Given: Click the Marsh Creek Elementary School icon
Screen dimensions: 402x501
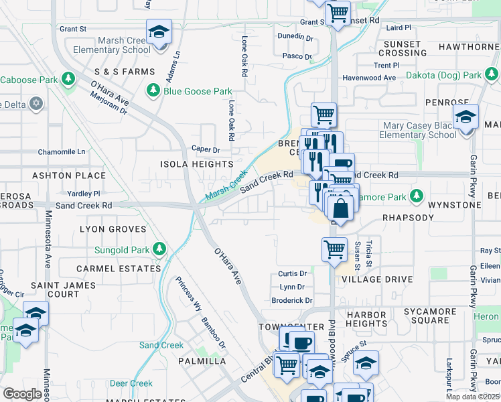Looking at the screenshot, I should click(x=159, y=31).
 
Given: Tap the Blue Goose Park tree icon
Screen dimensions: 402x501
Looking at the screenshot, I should click(x=153, y=90).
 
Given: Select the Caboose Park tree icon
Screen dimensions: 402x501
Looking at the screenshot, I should click(x=68, y=79).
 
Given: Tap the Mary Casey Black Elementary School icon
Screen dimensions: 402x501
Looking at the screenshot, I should click(x=466, y=117).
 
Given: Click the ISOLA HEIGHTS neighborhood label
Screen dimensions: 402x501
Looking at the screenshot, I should click(x=196, y=164).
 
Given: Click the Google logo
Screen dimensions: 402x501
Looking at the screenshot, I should click(x=22, y=394).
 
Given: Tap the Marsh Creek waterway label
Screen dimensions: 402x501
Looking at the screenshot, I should click(x=226, y=187).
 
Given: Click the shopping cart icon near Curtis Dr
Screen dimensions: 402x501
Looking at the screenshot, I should click(x=334, y=249).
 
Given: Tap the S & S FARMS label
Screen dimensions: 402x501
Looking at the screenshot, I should click(x=125, y=72).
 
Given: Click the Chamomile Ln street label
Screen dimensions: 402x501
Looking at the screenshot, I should click(x=62, y=152).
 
